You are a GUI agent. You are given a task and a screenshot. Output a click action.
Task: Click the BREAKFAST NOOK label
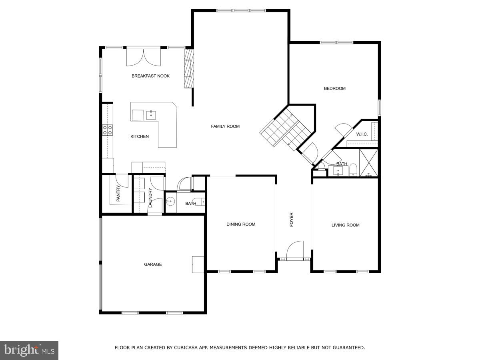(150, 76)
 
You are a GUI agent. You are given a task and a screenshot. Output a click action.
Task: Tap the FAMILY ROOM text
(225, 126)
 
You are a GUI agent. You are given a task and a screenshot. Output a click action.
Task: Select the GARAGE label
(153, 264)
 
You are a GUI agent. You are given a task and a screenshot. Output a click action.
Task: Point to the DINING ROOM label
(241, 224)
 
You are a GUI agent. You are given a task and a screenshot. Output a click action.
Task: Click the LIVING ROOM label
(345, 225)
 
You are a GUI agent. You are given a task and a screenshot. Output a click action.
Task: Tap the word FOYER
(292, 220)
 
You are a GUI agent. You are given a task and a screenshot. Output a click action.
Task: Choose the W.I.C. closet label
(362, 134)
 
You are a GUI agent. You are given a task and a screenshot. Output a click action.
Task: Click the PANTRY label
(118, 193)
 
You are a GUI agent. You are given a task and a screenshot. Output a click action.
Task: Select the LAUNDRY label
(150, 198)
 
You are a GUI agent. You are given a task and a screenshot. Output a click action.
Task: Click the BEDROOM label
(334, 88)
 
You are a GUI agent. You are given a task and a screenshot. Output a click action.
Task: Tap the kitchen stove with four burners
(108, 130)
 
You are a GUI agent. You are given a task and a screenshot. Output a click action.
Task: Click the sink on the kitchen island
(151, 115)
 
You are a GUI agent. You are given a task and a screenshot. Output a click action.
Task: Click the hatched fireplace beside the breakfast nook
(189, 68)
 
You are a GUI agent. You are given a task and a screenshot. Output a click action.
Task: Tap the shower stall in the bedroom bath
(368, 163)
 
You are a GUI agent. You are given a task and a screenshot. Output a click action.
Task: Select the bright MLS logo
(29, 350)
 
